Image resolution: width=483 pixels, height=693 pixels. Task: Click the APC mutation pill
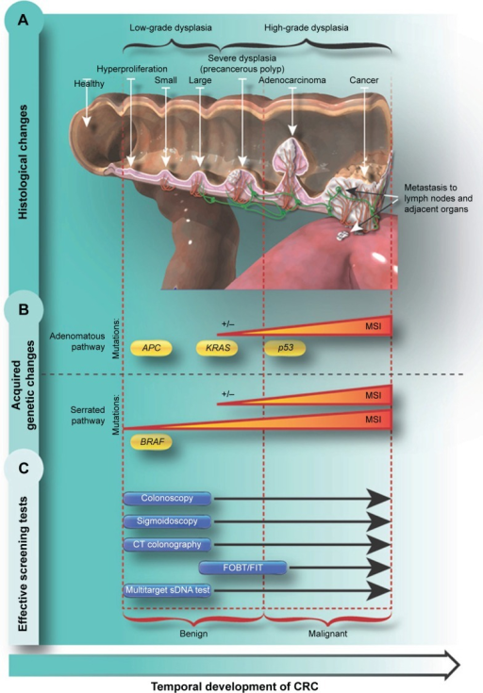tap(151, 348)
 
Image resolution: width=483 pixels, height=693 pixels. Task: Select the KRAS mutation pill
tap(218, 348)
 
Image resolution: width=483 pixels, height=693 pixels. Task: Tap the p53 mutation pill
tap(285, 348)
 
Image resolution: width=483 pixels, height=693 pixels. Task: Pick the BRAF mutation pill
tap(151, 441)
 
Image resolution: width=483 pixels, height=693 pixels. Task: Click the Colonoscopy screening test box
tap(167, 499)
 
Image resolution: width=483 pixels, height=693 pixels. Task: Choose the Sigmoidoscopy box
tap(167, 521)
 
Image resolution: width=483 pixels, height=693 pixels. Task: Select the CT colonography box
tap(167, 545)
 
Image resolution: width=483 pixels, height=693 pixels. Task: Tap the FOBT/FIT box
tap(242, 568)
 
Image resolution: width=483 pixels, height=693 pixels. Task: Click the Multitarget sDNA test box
tap(167, 590)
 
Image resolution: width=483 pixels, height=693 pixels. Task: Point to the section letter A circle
tap(24, 20)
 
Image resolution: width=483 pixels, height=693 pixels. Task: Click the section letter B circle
tap(24, 309)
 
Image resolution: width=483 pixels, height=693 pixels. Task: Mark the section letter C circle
tap(24, 467)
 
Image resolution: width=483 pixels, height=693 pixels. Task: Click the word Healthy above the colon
tap(90, 84)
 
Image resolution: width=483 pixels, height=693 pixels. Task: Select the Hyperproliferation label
tap(132, 69)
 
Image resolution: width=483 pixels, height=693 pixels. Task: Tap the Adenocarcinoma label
tap(291, 80)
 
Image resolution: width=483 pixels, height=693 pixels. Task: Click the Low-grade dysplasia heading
tap(171, 28)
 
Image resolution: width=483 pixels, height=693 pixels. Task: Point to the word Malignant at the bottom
tap(327, 634)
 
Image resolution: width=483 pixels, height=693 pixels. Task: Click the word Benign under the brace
tap(193, 634)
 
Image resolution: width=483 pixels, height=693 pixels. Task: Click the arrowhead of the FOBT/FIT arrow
tap(379, 568)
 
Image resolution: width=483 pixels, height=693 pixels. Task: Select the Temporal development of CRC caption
tap(234, 686)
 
